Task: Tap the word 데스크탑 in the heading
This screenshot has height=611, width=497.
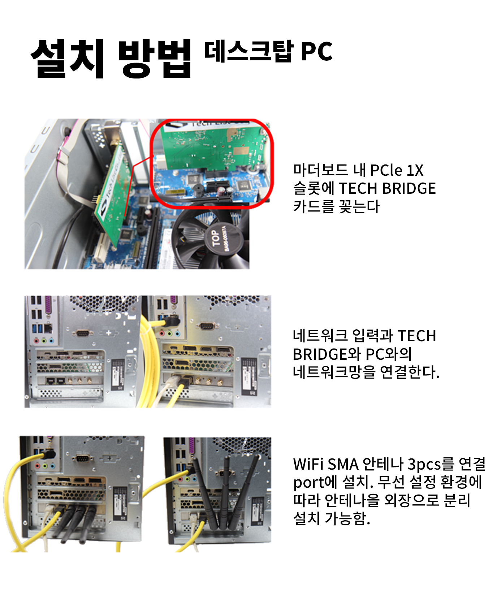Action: (248, 51)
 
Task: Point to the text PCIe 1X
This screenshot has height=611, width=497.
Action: (397, 170)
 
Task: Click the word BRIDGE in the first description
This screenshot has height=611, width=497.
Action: (409, 188)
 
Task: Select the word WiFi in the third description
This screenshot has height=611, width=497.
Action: (308, 464)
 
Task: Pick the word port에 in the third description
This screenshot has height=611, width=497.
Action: (315, 482)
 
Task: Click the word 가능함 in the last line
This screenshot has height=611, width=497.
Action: (347, 518)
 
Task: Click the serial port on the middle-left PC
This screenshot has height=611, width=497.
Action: (83, 333)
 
